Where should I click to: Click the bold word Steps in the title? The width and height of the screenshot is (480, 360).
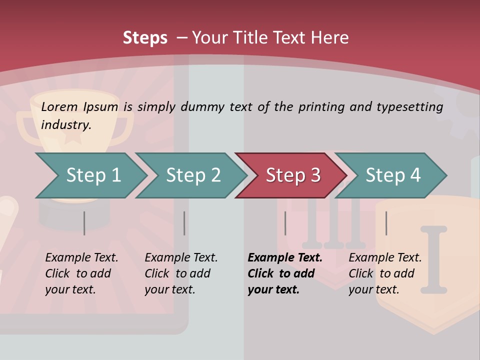click(x=145, y=37)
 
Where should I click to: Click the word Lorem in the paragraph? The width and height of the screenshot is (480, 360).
click(x=59, y=106)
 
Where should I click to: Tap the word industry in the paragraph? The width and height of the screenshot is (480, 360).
click(x=65, y=124)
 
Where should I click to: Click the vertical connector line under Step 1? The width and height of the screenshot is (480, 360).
click(x=84, y=223)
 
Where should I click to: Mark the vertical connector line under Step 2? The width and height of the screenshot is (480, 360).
click(x=184, y=223)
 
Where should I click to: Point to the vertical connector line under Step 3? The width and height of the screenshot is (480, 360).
click(x=285, y=223)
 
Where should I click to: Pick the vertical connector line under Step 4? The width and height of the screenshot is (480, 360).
click(x=386, y=223)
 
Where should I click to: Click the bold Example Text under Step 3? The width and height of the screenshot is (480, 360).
click(x=285, y=258)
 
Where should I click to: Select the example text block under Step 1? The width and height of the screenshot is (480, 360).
click(x=81, y=273)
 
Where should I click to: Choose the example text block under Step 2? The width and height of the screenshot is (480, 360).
click(x=181, y=273)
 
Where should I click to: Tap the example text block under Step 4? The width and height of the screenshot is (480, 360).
click(x=385, y=273)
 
